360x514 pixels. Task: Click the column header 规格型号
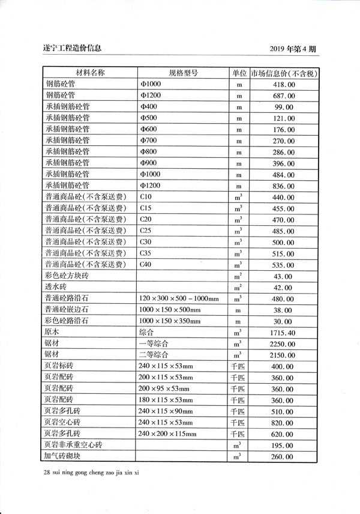(183, 73)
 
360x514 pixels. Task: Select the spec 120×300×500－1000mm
(179, 298)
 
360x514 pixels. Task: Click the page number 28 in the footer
(48, 473)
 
